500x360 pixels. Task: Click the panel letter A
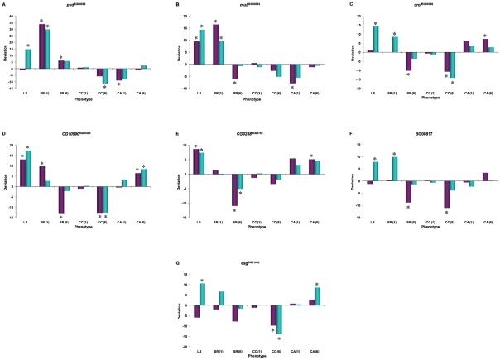pos(4,3)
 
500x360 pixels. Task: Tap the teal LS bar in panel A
pos(28,59)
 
